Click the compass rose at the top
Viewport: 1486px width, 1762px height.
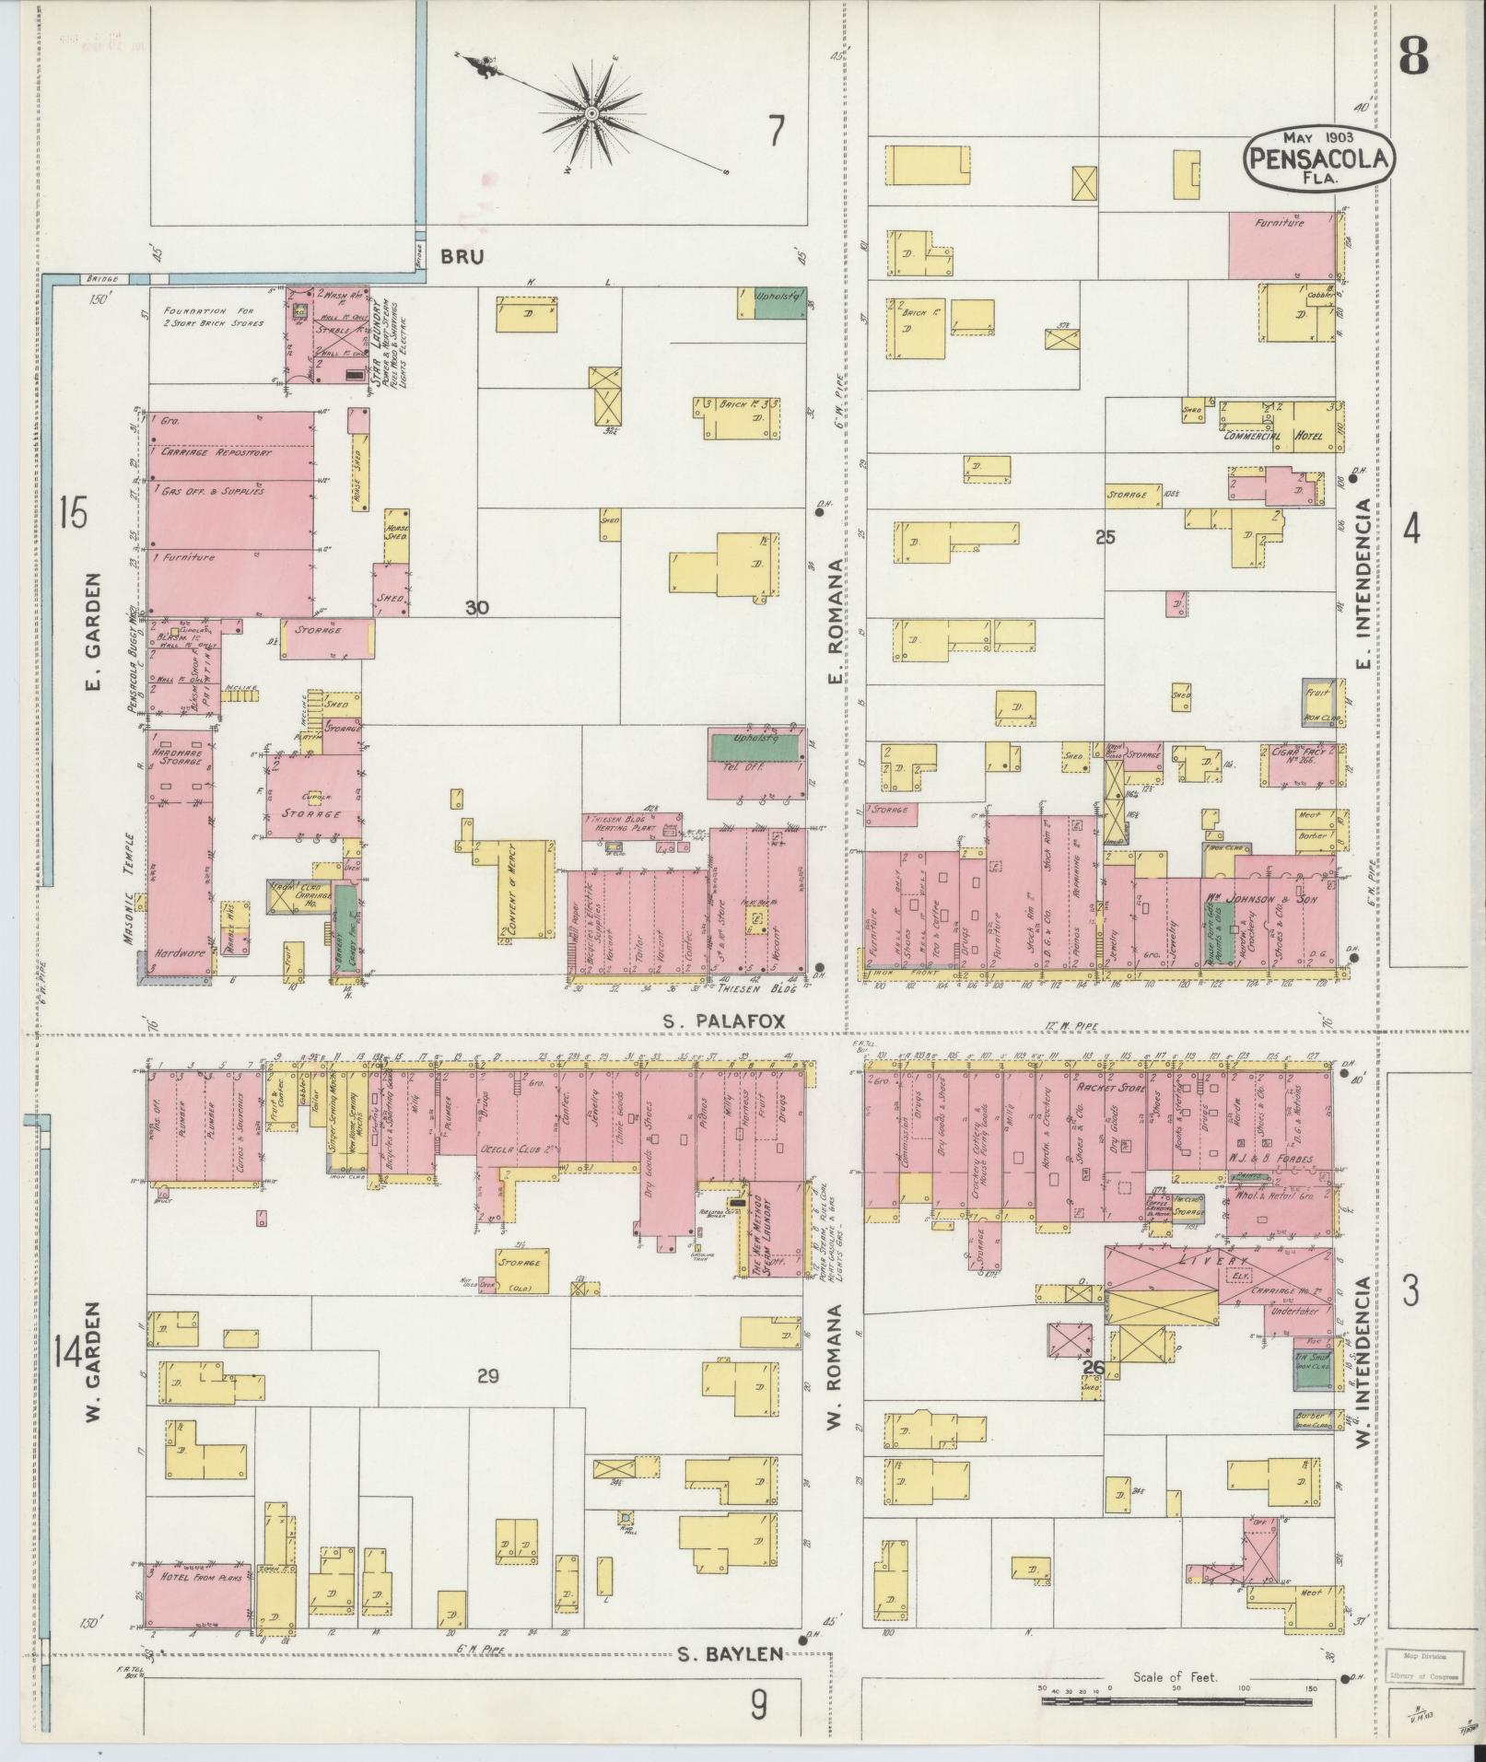(591, 114)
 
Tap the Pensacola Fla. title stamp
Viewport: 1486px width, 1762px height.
(1318, 159)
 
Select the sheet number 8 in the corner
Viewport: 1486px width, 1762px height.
(1412, 57)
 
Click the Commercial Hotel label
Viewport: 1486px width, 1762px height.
(1272, 436)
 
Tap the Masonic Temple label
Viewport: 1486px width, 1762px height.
(132, 878)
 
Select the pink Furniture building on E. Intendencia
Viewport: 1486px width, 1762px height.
(1281, 244)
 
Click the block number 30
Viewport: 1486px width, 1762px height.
(476, 608)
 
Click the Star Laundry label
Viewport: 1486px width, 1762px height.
(378, 345)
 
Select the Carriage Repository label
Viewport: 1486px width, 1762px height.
(215, 453)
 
